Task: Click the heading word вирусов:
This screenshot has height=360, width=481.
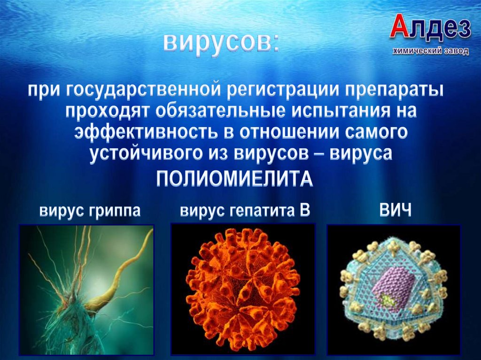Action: [221, 43]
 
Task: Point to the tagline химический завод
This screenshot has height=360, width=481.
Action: [431, 51]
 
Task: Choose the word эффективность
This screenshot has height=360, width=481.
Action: [143, 133]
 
